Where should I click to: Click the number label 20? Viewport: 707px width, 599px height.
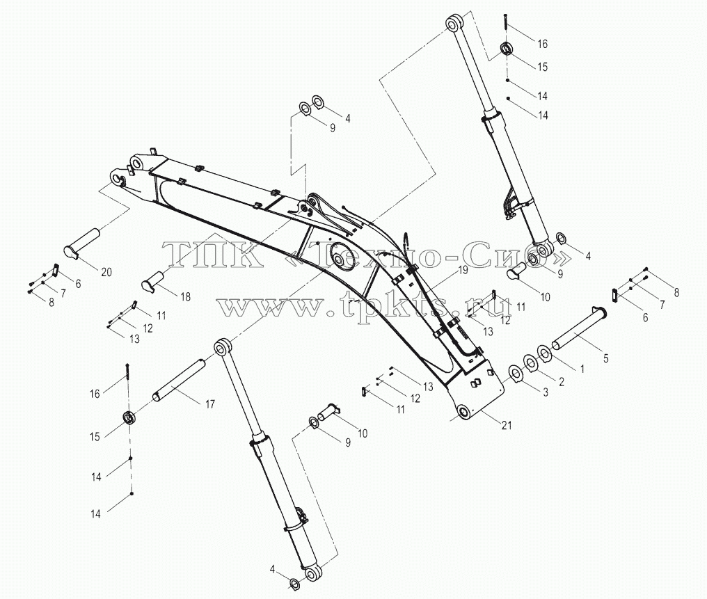pyautogui.click(x=106, y=272)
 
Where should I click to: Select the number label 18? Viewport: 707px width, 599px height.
pyautogui.click(x=185, y=296)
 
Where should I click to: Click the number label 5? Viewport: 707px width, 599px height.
pyautogui.click(x=605, y=358)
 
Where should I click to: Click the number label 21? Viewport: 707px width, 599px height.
pyautogui.click(x=507, y=424)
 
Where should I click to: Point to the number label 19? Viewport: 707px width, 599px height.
pyautogui.click(x=463, y=271)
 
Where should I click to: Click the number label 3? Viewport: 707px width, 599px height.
pyautogui.click(x=545, y=392)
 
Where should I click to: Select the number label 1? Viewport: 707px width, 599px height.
pyautogui.click(x=582, y=369)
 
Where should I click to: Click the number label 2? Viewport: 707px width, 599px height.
pyautogui.click(x=562, y=382)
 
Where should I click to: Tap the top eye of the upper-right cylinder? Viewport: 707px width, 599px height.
pyautogui.click(x=455, y=23)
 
